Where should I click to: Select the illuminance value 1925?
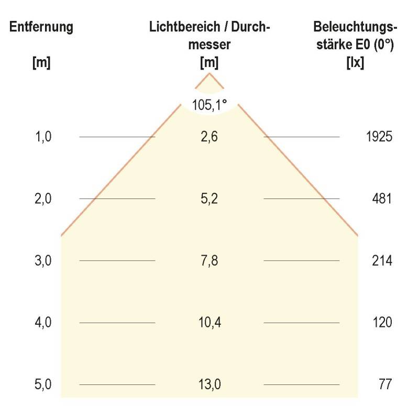point(379,137)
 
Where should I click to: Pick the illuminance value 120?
point(382,323)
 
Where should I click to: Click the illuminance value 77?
point(385,384)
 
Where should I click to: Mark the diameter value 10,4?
point(210,323)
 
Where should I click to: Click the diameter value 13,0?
point(210,384)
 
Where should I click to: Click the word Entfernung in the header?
point(41,27)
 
